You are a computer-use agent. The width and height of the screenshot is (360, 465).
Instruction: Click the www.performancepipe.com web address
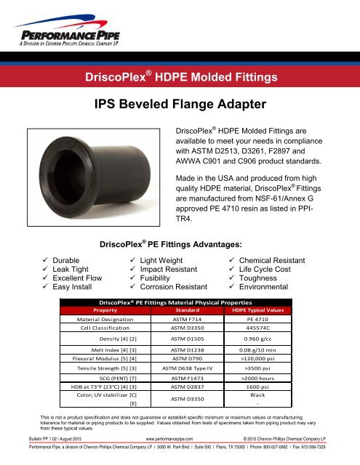point(179,440)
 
